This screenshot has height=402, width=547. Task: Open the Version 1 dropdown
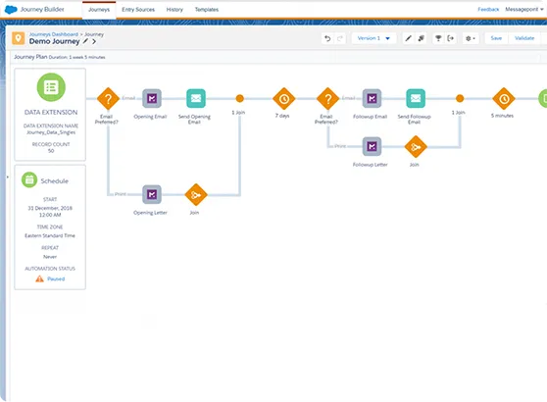pyautogui.click(x=373, y=38)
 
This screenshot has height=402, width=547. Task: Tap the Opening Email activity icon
pyautogui.click(x=152, y=98)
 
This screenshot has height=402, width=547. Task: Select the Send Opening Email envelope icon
pyautogui.click(x=196, y=98)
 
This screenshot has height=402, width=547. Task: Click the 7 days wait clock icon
pyautogui.click(x=283, y=98)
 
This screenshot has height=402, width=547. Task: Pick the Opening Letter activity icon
pyautogui.click(x=152, y=194)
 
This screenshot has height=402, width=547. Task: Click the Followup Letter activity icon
pyautogui.click(x=371, y=146)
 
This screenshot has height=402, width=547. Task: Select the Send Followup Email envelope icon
pyautogui.click(x=416, y=98)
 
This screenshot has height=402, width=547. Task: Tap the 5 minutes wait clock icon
pyautogui.click(x=503, y=98)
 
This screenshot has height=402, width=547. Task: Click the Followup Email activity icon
pyautogui.click(x=371, y=98)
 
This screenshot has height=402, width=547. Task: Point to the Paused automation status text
pyautogui.click(x=56, y=278)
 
